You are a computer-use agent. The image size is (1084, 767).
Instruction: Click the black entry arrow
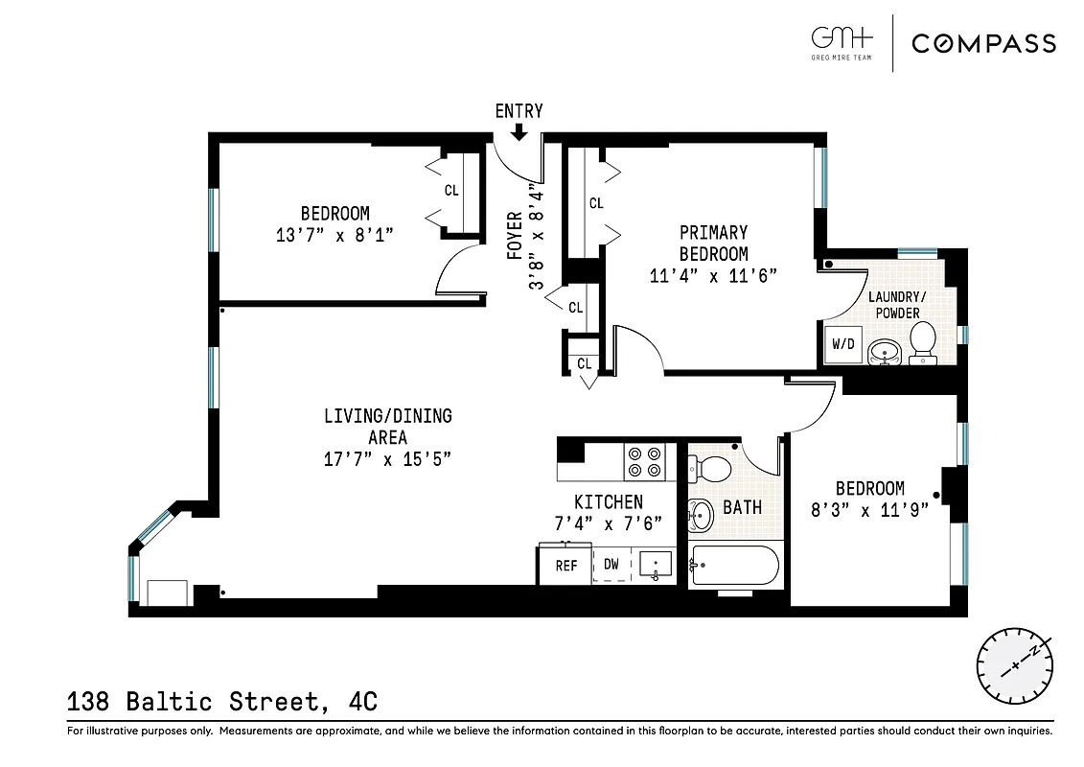[519, 132]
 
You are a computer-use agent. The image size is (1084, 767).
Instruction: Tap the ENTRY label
[519, 111]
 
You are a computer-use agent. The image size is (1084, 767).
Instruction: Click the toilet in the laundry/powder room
[922, 342]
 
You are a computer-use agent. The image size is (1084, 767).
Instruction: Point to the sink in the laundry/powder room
[884, 353]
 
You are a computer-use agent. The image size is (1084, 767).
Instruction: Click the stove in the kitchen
[642, 462]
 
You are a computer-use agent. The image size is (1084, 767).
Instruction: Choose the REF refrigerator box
[566, 566]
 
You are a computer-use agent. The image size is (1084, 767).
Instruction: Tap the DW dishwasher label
[611, 565]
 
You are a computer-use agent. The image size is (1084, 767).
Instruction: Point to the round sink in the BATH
[703, 515]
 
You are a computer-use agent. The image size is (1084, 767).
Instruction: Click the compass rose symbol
[1013, 665]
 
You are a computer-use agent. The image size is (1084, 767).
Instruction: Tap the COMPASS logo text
[983, 43]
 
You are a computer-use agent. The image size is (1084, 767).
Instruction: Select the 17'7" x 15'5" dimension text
[387, 458]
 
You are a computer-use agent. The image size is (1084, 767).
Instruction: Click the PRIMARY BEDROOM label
[713, 244]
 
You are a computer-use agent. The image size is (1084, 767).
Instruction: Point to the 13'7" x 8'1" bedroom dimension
[334, 234]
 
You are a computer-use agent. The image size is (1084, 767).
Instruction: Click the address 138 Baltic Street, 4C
[222, 702]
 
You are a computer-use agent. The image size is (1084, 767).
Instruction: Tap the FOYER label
[515, 236]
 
